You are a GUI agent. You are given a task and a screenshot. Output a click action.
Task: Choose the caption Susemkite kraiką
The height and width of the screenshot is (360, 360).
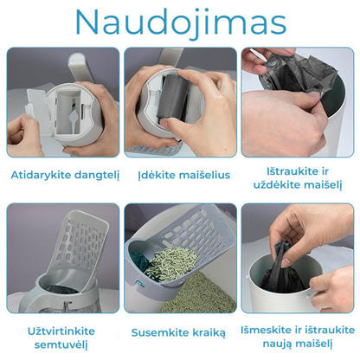point(179,332)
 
